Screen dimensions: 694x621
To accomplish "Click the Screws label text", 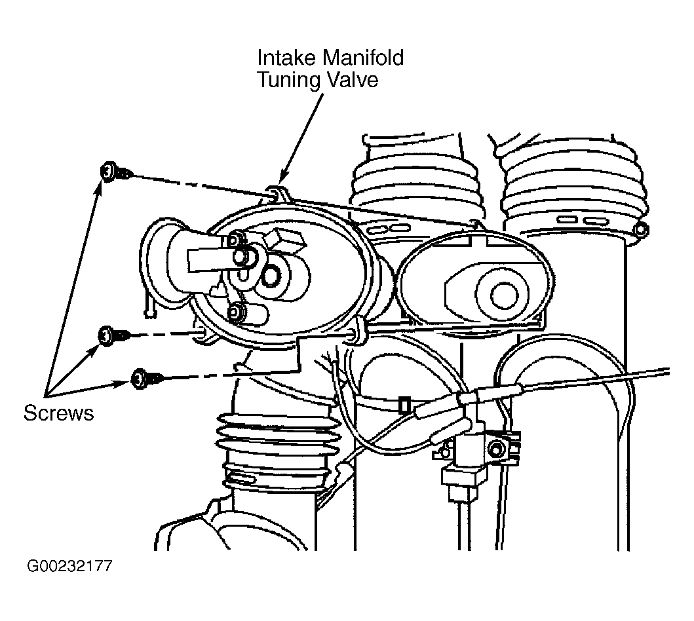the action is pyautogui.click(x=58, y=413).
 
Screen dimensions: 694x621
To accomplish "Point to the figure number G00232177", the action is pyautogui.click(x=69, y=566).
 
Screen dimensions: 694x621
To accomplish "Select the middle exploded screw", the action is pyautogui.click(x=114, y=335).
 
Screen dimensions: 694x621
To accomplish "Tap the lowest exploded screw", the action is pyautogui.click(x=147, y=378).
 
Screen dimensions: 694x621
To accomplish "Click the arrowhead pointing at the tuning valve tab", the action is pyautogui.click(x=283, y=178).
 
